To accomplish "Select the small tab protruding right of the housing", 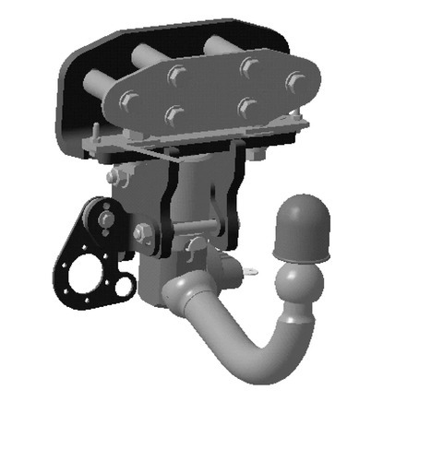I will coord(253,269).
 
